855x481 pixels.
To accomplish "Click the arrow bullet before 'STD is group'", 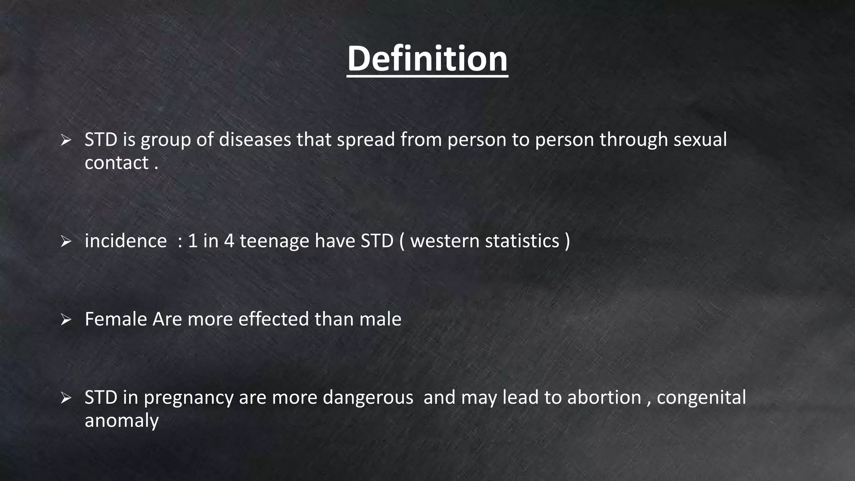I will (x=66, y=140).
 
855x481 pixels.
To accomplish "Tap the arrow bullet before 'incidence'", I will (x=66, y=241).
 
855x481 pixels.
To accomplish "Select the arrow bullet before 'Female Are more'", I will (x=66, y=320).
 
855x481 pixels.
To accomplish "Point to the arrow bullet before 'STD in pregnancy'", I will (x=66, y=398).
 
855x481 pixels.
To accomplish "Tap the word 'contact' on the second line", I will (x=116, y=163).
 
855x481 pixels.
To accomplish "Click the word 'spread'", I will (x=366, y=139).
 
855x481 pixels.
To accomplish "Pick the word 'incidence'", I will (x=126, y=241).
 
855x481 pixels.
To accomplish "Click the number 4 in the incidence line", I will (x=229, y=241).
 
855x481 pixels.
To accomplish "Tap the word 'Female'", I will (x=116, y=319).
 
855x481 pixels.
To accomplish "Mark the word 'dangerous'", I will (x=368, y=398).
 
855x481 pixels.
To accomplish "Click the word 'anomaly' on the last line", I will (x=121, y=421).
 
